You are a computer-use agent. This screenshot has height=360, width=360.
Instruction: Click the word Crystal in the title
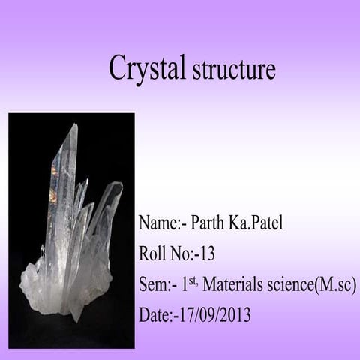click(147, 68)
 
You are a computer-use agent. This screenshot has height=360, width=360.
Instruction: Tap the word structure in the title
click(234, 69)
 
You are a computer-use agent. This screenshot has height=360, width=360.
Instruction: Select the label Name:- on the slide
click(163, 223)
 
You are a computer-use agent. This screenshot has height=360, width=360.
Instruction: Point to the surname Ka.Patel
click(256, 223)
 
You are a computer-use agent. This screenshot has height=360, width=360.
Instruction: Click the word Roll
click(152, 253)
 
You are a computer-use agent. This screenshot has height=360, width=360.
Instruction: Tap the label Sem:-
click(158, 284)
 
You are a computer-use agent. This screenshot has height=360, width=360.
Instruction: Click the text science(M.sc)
click(311, 285)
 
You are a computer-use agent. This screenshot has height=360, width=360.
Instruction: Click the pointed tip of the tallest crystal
click(74, 124)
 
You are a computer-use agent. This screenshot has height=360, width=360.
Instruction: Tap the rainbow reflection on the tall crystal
click(54, 182)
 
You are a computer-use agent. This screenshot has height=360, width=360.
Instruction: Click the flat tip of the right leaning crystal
click(117, 184)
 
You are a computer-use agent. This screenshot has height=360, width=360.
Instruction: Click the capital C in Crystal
click(118, 67)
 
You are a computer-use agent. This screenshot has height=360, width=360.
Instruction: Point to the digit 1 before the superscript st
click(184, 285)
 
